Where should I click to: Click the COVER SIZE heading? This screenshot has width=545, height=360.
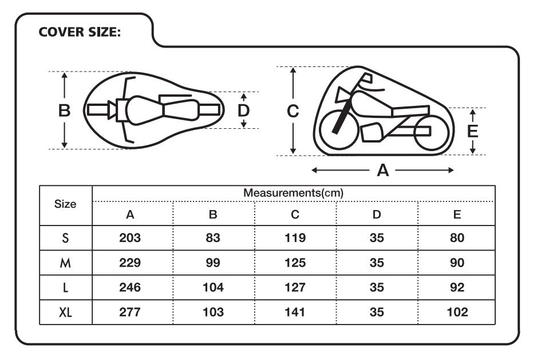tap(80, 32)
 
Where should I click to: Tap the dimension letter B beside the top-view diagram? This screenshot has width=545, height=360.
tap(64, 110)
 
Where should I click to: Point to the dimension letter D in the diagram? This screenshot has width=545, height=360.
tap(243, 110)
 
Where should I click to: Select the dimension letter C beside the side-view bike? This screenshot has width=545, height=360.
tap(293, 111)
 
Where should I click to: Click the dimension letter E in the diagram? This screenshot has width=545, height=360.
tap(472, 132)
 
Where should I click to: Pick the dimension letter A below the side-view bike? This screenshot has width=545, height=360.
tap(382, 171)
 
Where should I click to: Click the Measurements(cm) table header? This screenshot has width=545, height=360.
tap(293, 193)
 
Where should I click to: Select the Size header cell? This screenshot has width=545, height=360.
tap(65, 204)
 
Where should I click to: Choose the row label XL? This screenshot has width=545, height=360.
tap(65, 312)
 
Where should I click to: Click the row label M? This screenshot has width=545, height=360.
tap(65, 263)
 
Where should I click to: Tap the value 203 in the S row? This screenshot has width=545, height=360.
tap(130, 238)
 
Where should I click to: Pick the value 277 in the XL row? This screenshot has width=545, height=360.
tap(130, 312)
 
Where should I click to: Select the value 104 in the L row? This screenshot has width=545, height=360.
tap(213, 287)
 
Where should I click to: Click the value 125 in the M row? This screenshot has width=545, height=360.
tap(295, 263)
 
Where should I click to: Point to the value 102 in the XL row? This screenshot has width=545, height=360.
tap(457, 312)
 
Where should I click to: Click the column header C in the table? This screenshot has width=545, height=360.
tap(295, 215)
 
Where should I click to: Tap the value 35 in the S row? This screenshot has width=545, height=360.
tap(377, 238)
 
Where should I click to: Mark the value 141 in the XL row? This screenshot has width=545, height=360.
tap(295, 312)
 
